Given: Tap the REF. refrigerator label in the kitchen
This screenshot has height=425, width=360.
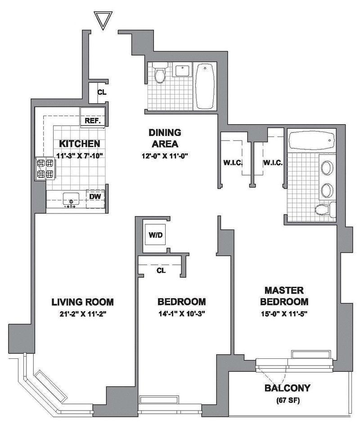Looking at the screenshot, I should (93, 121).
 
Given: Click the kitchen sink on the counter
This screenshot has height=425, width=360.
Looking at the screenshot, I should (71, 199).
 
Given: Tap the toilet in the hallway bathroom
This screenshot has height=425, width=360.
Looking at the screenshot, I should (160, 75).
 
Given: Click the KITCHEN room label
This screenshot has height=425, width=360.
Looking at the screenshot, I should (80, 144).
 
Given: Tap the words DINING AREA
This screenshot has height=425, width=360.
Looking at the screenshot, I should (165, 138).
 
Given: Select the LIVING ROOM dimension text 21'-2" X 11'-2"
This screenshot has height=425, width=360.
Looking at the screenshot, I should (82, 314).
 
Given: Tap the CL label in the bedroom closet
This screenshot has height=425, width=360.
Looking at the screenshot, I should (161, 271).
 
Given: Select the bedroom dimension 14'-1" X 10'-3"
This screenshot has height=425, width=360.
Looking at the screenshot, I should (181, 314).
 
